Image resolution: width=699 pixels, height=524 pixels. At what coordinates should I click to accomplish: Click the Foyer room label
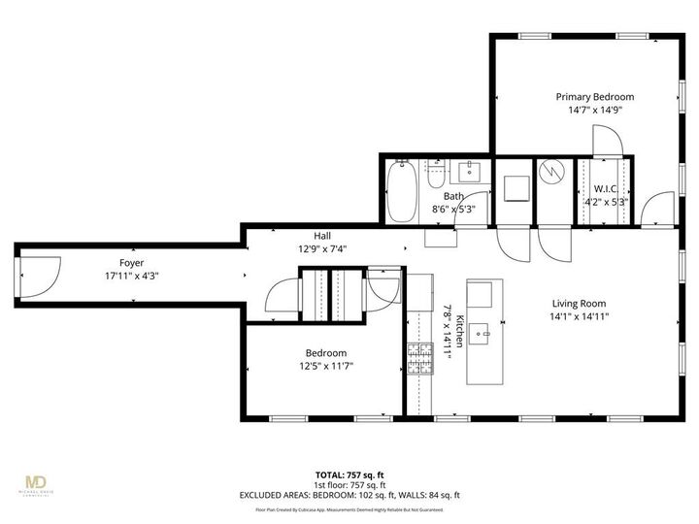131,262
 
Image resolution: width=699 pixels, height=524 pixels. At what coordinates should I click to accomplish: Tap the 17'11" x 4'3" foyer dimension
131,275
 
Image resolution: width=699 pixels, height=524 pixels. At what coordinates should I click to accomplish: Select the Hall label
322,236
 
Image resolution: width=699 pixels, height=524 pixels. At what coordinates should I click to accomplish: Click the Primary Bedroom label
594,97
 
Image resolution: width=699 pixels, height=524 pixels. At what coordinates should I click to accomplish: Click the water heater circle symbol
550,173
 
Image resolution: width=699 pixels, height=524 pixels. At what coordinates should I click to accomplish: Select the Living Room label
580,302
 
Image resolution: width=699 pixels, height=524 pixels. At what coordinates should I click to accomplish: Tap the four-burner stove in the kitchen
419,360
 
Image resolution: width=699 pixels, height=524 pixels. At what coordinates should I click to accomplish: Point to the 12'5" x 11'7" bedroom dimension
325,366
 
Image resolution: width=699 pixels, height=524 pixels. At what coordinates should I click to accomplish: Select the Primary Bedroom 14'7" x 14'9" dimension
594,111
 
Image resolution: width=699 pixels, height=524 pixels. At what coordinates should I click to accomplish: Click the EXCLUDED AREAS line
349,495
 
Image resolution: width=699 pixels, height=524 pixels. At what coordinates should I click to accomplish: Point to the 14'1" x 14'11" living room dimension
580,315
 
